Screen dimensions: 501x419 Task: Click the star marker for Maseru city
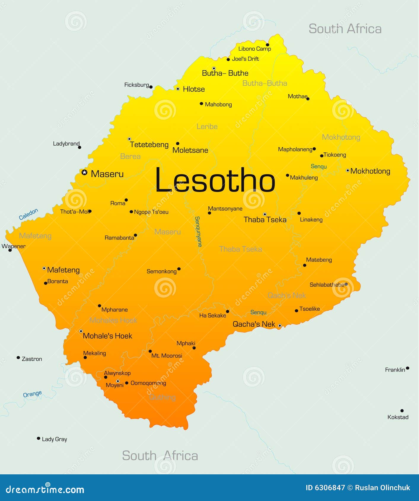click(x=85, y=172)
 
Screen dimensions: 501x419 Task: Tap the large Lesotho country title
click(x=215, y=180)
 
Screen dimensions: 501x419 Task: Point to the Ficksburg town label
click(x=136, y=85)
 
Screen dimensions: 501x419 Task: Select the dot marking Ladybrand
click(x=79, y=147)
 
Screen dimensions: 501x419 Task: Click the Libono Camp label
click(x=254, y=49)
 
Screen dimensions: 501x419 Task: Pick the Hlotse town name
click(x=194, y=89)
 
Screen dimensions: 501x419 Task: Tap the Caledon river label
click(x=28, y=214)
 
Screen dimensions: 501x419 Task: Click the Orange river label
click(x=32, y=394)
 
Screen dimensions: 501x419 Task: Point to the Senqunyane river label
click(x=198, y=232)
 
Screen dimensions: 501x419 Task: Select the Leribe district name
click(x=207, y=127)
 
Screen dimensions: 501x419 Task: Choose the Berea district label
click(x=130, y=156)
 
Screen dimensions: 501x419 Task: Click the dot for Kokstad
click(x=402, y=411)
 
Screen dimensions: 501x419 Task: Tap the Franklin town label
click(x=395, y=370)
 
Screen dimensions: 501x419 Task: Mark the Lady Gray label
click(x=54, y=439)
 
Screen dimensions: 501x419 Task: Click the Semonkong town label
click(x=161, y=271)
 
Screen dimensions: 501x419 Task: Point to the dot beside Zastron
click(x=18, y=358)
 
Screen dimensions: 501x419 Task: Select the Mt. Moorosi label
click(x=167, y=356)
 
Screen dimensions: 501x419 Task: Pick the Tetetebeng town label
click(x=149, y=145)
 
